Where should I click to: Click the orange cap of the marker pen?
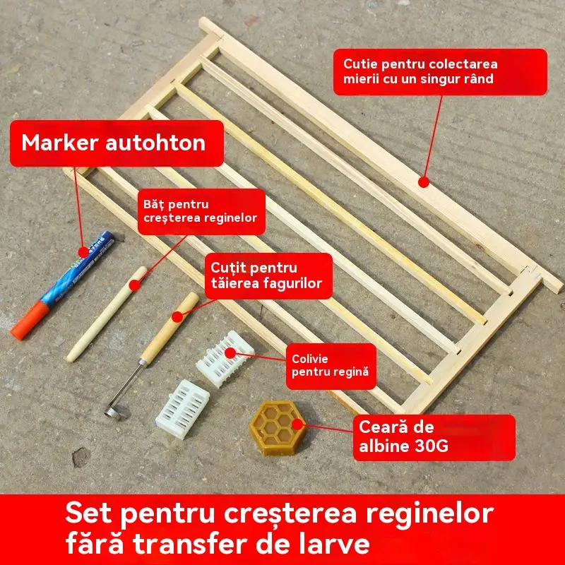tap(30, 321)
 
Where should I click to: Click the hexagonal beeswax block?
tap(278, 428)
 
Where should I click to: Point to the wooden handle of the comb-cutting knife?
tap(170, 327)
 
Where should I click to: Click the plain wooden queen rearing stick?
tap(107, 314)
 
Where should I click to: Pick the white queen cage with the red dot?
tap(225, 359)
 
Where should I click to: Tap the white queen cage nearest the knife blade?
tap(183, 410)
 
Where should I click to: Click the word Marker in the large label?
tap(60, 143)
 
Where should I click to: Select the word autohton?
tap(155, 143)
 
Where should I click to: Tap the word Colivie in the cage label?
tap(310, 359)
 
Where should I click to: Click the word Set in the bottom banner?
tap(89, 513)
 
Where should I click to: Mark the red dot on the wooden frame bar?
tap(424, 182)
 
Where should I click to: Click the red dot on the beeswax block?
tap(297, 424)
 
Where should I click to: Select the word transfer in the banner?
tap(191, 543)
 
